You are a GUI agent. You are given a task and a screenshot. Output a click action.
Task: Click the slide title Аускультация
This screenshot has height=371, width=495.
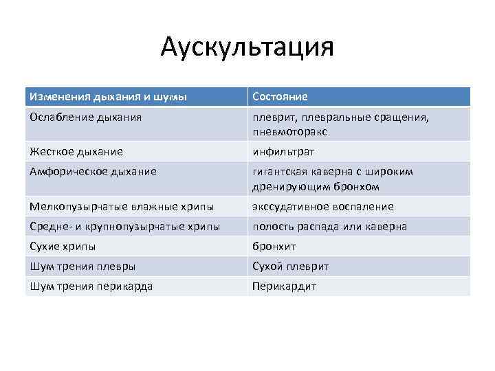(247, 47)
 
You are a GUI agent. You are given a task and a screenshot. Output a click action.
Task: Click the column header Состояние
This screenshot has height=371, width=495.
(280, 97)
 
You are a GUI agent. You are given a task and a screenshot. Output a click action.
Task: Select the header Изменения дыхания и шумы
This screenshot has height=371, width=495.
(108, 97)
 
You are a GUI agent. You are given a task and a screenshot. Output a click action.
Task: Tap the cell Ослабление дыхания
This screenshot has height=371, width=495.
(86, 117)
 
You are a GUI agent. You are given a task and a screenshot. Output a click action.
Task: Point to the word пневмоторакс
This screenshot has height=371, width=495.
(289, 131)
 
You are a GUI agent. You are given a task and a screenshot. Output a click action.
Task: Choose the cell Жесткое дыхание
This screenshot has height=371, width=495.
(76, 151)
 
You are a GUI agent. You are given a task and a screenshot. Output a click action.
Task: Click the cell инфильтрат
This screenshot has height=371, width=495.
(283, 151)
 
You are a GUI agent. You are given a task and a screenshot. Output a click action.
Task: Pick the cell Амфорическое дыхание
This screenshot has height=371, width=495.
(93, 172)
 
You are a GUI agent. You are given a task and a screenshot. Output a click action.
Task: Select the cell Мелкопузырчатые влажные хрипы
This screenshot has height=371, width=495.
(122, 207)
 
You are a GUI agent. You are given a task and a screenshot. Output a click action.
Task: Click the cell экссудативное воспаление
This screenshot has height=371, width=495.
(322, 207)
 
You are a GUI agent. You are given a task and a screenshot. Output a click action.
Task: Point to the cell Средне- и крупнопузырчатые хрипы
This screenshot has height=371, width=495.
(125, 226)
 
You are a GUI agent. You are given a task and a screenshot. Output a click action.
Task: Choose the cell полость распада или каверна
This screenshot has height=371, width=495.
(329, 226)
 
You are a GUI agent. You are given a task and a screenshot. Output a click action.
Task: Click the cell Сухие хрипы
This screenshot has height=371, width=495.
(63, 246)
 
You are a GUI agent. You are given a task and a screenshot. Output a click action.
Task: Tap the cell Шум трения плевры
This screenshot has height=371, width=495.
(82, 266)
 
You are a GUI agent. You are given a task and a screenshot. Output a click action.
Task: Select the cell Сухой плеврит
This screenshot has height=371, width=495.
(291, 266)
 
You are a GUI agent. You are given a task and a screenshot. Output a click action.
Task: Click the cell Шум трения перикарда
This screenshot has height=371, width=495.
(91, 286)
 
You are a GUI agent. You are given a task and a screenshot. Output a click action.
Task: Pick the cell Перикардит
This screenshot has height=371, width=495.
(285, 286)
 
